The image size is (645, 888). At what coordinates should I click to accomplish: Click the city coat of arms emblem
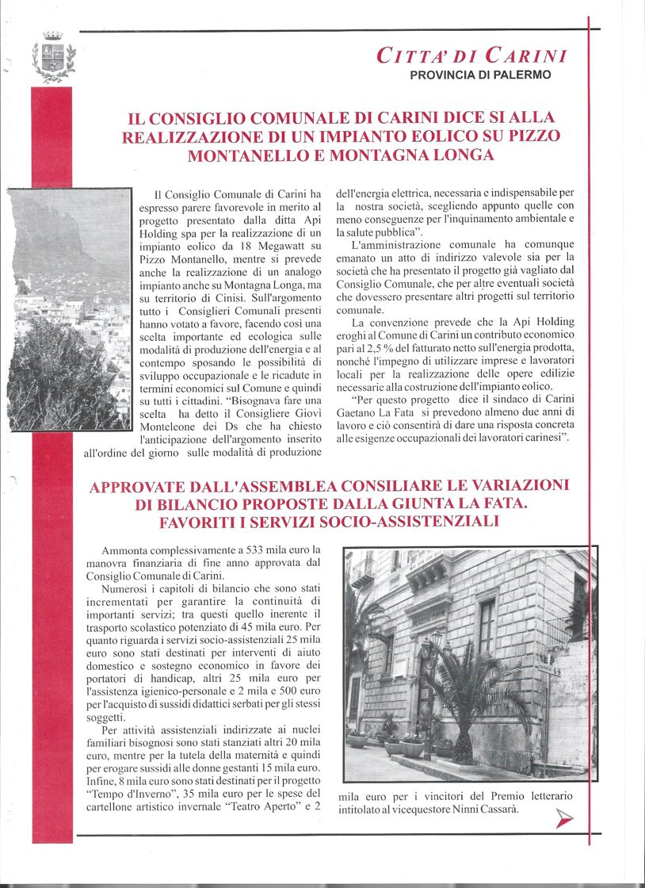[54, 57]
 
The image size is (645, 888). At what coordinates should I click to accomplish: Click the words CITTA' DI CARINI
[471, 56]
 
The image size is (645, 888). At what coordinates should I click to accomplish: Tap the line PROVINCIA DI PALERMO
[480, 75]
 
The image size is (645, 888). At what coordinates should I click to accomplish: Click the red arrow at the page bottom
[564, 818]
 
